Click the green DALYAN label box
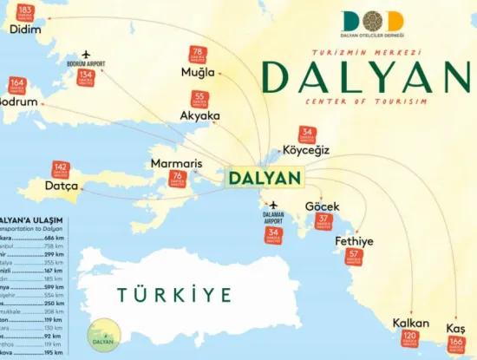click(x=265, y=178)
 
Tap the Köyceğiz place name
click(x=306, y=150)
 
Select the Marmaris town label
click(x=176, y=163)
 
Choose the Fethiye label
click(x=354, y=240)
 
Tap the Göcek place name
click(x=322, y=206)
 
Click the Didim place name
click(x=26, y=29)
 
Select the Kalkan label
click(x=410, y=323)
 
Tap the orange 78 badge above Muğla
click(x=198, y=54)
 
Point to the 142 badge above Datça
click(x=61, y=169)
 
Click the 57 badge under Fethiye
click(x=354, y=256)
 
